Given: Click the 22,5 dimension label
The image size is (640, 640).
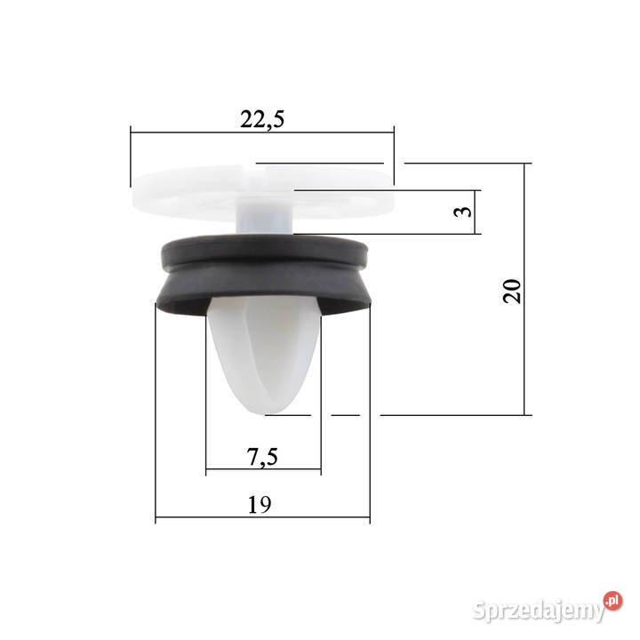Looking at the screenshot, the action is click(262, 119).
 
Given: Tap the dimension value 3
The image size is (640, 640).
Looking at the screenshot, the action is click(463, 212).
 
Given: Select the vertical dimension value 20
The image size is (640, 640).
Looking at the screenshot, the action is click(512, 291).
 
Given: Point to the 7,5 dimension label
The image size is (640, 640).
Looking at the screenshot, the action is click(262, 457).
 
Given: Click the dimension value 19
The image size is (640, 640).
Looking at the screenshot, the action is click(260, 505).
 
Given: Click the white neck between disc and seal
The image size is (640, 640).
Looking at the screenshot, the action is click(265, 216).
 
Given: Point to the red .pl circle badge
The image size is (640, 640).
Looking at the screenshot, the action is click(612, 600).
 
